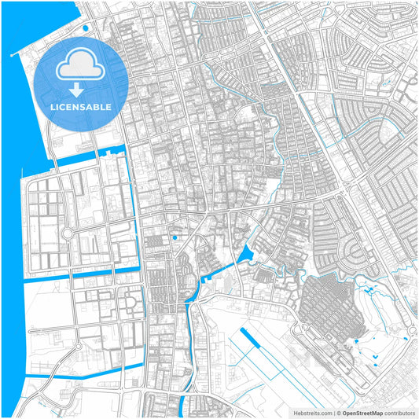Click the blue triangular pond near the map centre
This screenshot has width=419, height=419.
pos(245,254)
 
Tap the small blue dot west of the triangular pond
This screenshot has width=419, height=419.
pos(175,237)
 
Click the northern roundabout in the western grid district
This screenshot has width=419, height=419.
pos(67,233)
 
